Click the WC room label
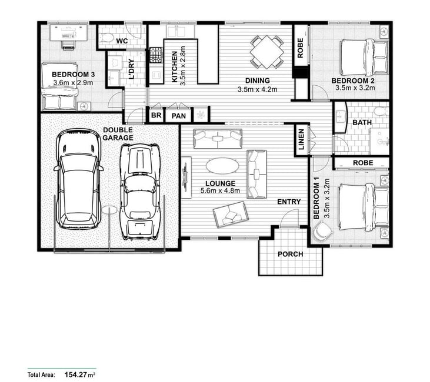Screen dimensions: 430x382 [x=122, y=41]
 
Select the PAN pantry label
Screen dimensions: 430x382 [x=178, y=116]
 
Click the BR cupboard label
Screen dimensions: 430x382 [x=156, y=115]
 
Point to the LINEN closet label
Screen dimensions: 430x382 [x=301, y=139]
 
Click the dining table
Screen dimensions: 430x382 [x=266, y=52]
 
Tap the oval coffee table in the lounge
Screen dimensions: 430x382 [x=222, y=166]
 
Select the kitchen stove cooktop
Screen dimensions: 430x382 [x=156, y=55]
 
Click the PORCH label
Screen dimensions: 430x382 [x=291, y=254]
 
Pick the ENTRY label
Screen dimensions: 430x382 [x=289, y=202]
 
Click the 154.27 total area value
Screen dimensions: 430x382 [x=76, y=374]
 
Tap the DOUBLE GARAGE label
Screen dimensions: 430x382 [x=118, y=134]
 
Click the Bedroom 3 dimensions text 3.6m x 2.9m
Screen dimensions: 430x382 [x=73, y=82]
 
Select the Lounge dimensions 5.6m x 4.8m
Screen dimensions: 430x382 [x=220, y=190]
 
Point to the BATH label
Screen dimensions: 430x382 [x=362, y=122]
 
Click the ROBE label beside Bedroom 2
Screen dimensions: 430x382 [x=300, y=48]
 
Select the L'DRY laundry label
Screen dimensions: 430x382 [x=132, y=69]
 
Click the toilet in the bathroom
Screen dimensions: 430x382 [x=381, y=111]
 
